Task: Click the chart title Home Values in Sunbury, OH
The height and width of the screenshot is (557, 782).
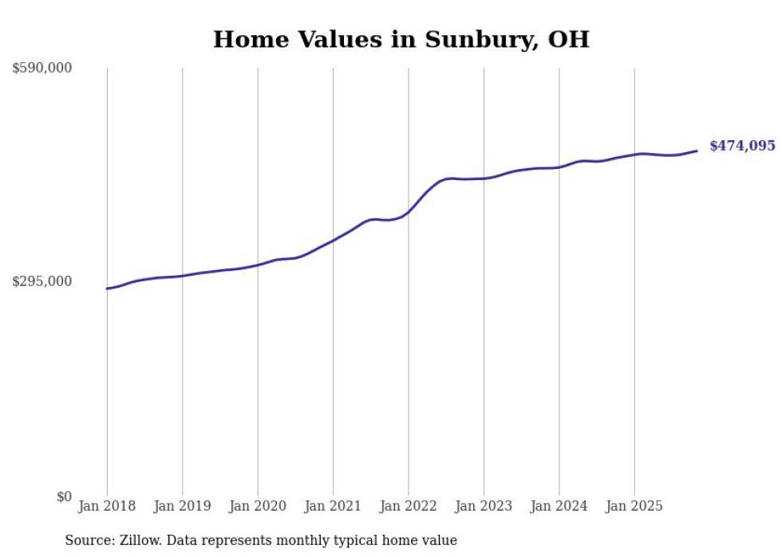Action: click(x=401, y=39)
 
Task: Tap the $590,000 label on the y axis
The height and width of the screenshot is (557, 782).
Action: click(x=42, y=69)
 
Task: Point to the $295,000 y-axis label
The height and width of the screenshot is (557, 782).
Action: click(x=42, y=281)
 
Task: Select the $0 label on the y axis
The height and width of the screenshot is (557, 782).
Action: click(x=64, y=496)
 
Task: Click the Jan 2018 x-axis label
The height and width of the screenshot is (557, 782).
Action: click(x=107, y=506)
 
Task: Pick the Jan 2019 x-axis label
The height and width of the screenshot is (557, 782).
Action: click(x=182, y=506)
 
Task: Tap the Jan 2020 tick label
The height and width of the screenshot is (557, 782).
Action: click(x=258, y=506)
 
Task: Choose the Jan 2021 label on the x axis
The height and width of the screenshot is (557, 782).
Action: click(x=333, y=506)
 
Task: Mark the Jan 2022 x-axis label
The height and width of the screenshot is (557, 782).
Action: click(x=409, y=506)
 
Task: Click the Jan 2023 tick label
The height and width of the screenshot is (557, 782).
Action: click(x=484, y=506)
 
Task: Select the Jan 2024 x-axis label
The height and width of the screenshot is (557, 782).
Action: click(x=559, y=506)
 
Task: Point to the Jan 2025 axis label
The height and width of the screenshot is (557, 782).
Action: click(x=634, y=506)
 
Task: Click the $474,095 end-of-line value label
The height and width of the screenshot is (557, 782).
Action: click(x=742, y=146)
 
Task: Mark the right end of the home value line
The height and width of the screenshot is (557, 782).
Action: click(x=697, y=151)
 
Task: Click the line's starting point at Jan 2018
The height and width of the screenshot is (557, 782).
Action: click(x=107, y=288)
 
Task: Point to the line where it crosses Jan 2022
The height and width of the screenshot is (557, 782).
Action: click(x=409, y=211)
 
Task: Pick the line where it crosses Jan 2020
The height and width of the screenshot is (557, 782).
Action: click(x=258, y=265)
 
